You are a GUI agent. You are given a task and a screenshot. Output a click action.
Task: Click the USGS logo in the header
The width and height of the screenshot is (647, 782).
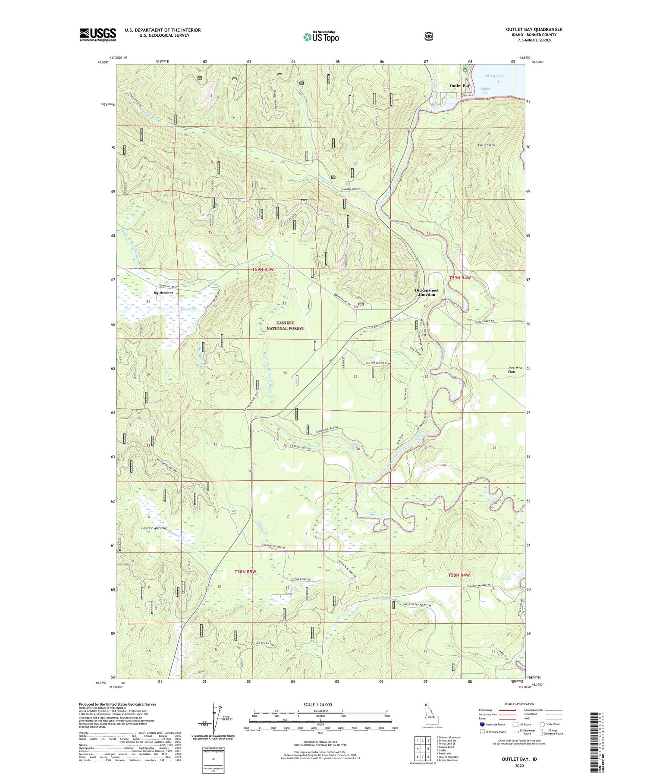click(97, 35)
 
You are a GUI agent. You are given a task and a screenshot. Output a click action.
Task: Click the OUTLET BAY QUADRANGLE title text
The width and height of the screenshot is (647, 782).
click(534, 30)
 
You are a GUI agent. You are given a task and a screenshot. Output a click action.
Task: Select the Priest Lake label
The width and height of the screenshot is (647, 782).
click(494, 76)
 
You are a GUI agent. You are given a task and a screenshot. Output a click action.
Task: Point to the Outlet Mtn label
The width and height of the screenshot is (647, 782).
click(486, 145)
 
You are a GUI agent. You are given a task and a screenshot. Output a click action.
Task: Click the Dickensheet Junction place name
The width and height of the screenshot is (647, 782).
click(427, 292)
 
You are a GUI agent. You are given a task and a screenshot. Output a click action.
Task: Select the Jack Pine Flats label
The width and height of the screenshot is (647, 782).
click(515, 370)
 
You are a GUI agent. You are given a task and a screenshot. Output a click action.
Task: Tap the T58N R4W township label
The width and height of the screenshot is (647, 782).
click(459, 575)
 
